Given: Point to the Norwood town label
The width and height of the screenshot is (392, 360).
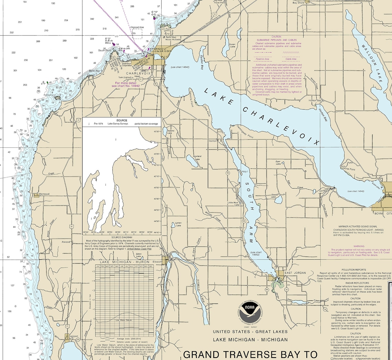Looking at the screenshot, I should click(x=44, y=194).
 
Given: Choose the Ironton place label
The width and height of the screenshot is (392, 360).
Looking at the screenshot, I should click(x=213, y=141).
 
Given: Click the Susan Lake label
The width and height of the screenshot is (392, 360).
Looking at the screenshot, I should click(x=232, y=45).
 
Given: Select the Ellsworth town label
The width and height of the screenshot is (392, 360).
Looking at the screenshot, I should click(x=158, y=262).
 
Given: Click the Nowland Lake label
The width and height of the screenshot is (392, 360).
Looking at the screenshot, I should click(x=197, y=158).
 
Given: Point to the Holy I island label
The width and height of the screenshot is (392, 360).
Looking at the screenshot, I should click(x=244, y=171).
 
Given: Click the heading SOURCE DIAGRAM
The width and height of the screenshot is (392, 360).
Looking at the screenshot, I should click(x=121, y=237).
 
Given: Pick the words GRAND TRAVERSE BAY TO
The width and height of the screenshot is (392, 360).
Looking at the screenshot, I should click(x=250, y=354).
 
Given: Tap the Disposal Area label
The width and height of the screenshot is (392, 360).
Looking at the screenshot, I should click(x=137, y=27).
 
